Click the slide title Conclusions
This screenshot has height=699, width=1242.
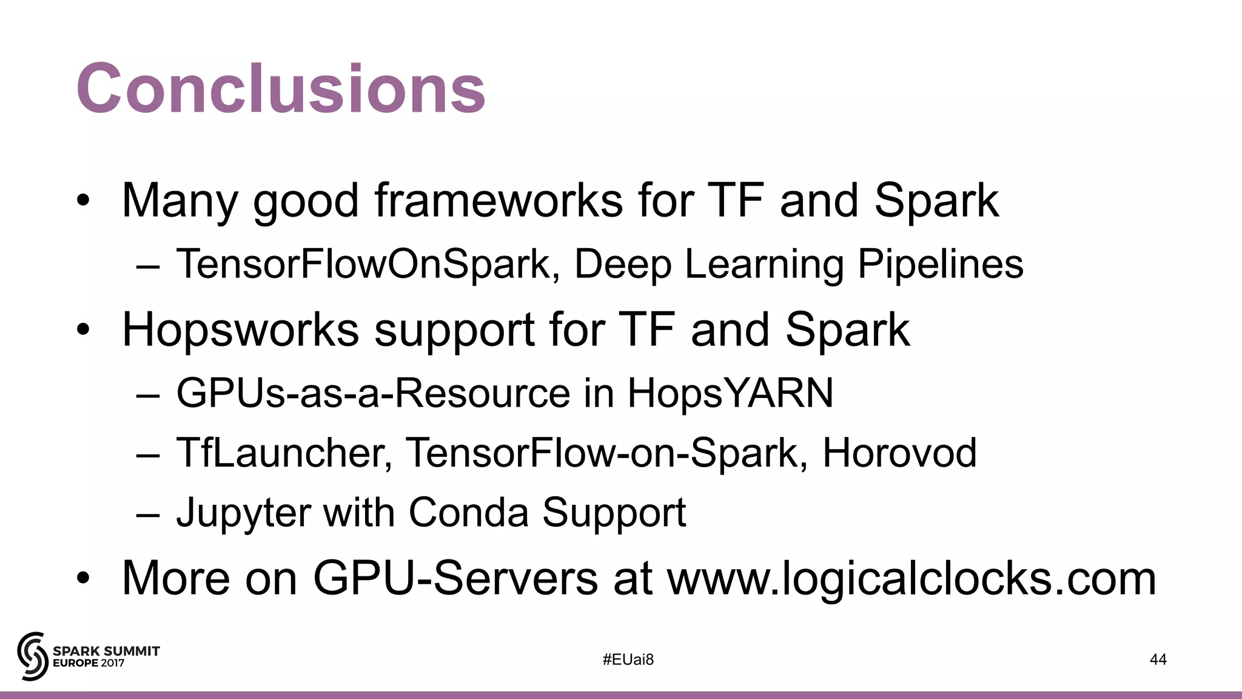pyautogui.click(x=281, y=89)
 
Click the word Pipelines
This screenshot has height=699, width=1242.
pyautogui.click(x=940, y=264)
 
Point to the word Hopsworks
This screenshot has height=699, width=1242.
pyautogui.click(x=240, y=329)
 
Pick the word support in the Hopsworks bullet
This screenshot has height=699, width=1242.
pyautogui.click(x=454, y=331)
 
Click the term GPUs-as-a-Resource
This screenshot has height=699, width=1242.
pyautogui.click(x=373, y=393)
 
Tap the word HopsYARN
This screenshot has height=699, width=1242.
pyautogui.click(x=730, y=393)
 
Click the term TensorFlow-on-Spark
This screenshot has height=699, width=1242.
pyautogui.click(x=602, y=453)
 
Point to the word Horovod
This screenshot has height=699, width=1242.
pyautogui.click(x=899, y=453)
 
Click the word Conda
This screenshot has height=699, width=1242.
pyautogui.click(x=468, y=513)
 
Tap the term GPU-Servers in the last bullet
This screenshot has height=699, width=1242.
pyautogui.click(x=455, y=578)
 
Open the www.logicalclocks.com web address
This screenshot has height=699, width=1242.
pyautogui.click(x=911, y=579)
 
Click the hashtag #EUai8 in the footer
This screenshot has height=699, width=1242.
pyautogui.click(x=628, y=660)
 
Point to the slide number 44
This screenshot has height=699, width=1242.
pyautogui.click(x=1158, y=660)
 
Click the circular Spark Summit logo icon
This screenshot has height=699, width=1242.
pyautogui.click(x=32, y=656)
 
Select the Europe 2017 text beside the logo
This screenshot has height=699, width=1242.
pyautogui.click(x=89, y=663)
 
